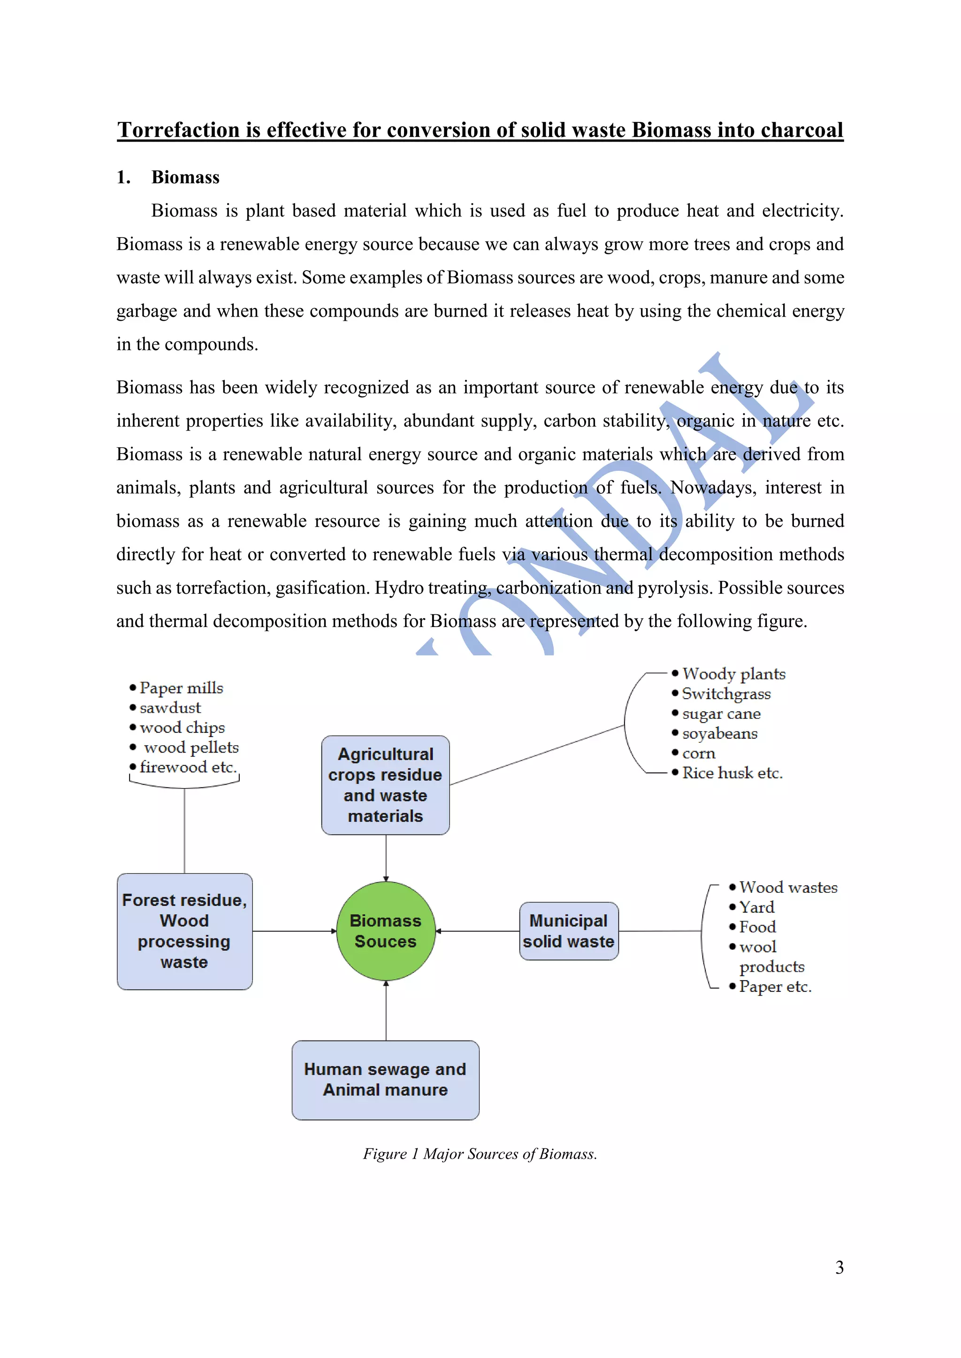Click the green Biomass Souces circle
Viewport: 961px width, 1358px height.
(386, 931)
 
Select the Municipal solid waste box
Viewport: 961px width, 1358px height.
(569, 931)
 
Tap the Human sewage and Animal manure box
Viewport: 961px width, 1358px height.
(385, 1079)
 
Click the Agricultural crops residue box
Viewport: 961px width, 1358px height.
(385, 785)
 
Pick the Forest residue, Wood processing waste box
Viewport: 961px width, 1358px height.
(184, 931)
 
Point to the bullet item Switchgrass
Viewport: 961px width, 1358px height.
(726, 694)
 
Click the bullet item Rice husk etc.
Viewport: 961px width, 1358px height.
(732, 773)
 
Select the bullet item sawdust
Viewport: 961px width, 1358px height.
(170, 708)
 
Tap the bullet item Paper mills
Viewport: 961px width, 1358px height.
(181, 688)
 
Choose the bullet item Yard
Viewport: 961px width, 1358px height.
(756, 907)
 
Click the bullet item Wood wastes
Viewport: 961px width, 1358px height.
(788, 887)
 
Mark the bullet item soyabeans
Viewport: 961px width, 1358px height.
(719, 733)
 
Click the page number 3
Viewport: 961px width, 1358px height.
(839, 1267)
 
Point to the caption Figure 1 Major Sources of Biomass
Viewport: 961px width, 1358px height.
(480, 1154)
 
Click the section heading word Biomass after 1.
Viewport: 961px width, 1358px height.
(185, 177)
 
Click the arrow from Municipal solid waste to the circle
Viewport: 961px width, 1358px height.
(478, 931)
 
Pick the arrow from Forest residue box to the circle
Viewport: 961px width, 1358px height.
(294, 931)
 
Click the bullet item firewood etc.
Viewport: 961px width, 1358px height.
(188, 767)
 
